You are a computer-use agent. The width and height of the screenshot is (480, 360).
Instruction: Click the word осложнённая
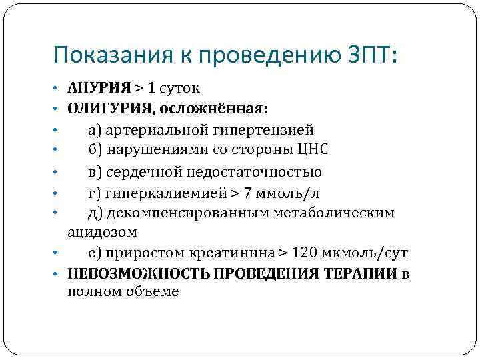click(x=212, y=109)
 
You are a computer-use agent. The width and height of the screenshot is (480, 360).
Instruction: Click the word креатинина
click(x=233, y=253)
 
